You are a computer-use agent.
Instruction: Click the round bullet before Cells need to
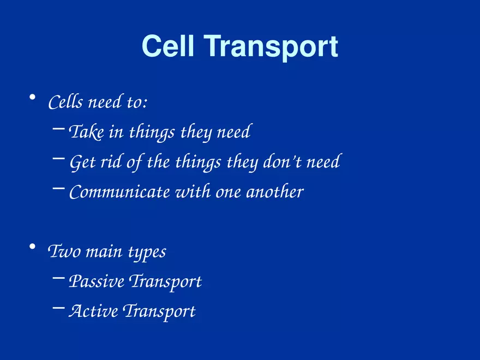(x=33, y=98)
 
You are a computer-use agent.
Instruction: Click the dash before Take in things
(x=58, y=130)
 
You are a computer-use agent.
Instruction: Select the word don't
(x=284, y=162)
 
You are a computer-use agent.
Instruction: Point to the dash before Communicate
(x=58, y=190)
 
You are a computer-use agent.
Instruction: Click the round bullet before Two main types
(x=33, y=248)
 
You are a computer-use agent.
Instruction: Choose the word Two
(x=62, y=252)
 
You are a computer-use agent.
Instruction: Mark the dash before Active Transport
(x=58, y=309)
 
